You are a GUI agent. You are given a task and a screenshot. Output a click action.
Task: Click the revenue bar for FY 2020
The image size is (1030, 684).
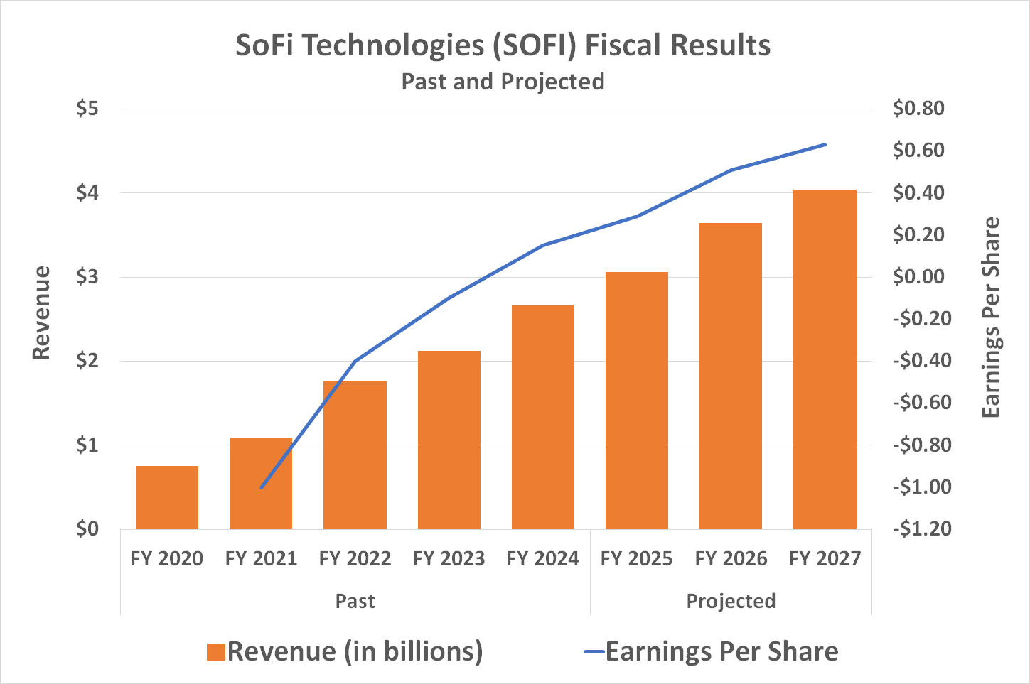pos(167,497)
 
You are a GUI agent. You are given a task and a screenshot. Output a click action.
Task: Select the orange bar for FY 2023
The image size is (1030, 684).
pos(449,440)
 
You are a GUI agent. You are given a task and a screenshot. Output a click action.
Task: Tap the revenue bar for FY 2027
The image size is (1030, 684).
pos(825,359)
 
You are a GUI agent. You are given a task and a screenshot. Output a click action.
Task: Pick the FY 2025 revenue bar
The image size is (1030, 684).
pos(636,401)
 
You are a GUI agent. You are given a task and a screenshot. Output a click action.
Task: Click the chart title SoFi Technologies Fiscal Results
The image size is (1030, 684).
pos(503,45)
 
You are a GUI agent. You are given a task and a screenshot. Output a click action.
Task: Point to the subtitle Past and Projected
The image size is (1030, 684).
pos(503,82)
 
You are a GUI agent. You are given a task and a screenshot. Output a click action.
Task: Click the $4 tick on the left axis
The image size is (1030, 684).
pos(87,192)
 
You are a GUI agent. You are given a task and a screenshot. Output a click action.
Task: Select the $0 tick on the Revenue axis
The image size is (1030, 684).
pos(87,529)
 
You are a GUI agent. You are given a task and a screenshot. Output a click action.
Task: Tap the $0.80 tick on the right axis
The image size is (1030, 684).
pos(918,109)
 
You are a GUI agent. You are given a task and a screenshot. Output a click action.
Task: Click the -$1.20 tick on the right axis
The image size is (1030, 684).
pos(921,529)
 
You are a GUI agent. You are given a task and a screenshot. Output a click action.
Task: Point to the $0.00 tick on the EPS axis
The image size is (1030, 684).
pos(918,277)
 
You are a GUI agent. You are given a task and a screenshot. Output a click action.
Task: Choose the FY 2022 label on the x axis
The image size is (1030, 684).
pos(355,559)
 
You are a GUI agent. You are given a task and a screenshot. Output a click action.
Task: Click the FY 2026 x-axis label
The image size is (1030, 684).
pos(731,559)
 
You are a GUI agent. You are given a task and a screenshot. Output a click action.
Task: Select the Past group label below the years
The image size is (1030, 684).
pos(355,602)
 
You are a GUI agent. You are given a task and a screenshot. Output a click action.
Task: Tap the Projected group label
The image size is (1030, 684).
pos(731,602)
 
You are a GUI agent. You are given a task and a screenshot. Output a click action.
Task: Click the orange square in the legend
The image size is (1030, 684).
pos(216,652)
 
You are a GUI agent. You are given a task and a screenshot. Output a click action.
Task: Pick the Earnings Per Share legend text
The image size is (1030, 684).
pos(721,652)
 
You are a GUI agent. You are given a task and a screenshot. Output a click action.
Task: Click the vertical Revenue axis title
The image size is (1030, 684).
pos(41,313)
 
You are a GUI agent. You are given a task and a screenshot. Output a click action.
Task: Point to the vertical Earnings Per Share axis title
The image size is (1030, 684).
pos(990,318)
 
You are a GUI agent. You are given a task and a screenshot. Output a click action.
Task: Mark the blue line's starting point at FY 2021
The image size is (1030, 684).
pos(261,488)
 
